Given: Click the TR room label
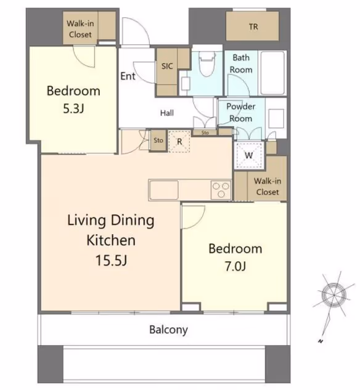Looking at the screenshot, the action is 253,26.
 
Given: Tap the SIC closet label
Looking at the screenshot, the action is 167,66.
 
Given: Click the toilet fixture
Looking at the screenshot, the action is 207,63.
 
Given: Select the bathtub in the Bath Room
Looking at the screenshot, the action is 272,73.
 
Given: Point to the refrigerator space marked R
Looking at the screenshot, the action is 179,141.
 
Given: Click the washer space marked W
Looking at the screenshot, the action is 248,155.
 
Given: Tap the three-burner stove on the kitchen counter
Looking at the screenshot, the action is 221,190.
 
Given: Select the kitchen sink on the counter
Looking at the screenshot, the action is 164,190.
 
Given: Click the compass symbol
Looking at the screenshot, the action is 333,296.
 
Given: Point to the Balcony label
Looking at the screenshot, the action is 168,330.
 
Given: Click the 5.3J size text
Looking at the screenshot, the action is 73,108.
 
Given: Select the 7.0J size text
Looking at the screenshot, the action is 235,266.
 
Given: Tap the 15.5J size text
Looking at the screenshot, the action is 111,261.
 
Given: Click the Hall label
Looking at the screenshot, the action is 166,113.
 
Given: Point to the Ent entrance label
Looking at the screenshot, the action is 128,76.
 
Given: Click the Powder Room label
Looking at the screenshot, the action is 240,112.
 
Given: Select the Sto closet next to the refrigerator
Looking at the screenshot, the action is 158,140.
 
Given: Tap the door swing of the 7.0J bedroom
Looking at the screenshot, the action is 194,217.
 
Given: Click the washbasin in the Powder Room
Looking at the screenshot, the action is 276,118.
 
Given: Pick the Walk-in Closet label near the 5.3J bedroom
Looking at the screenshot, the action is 80,29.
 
